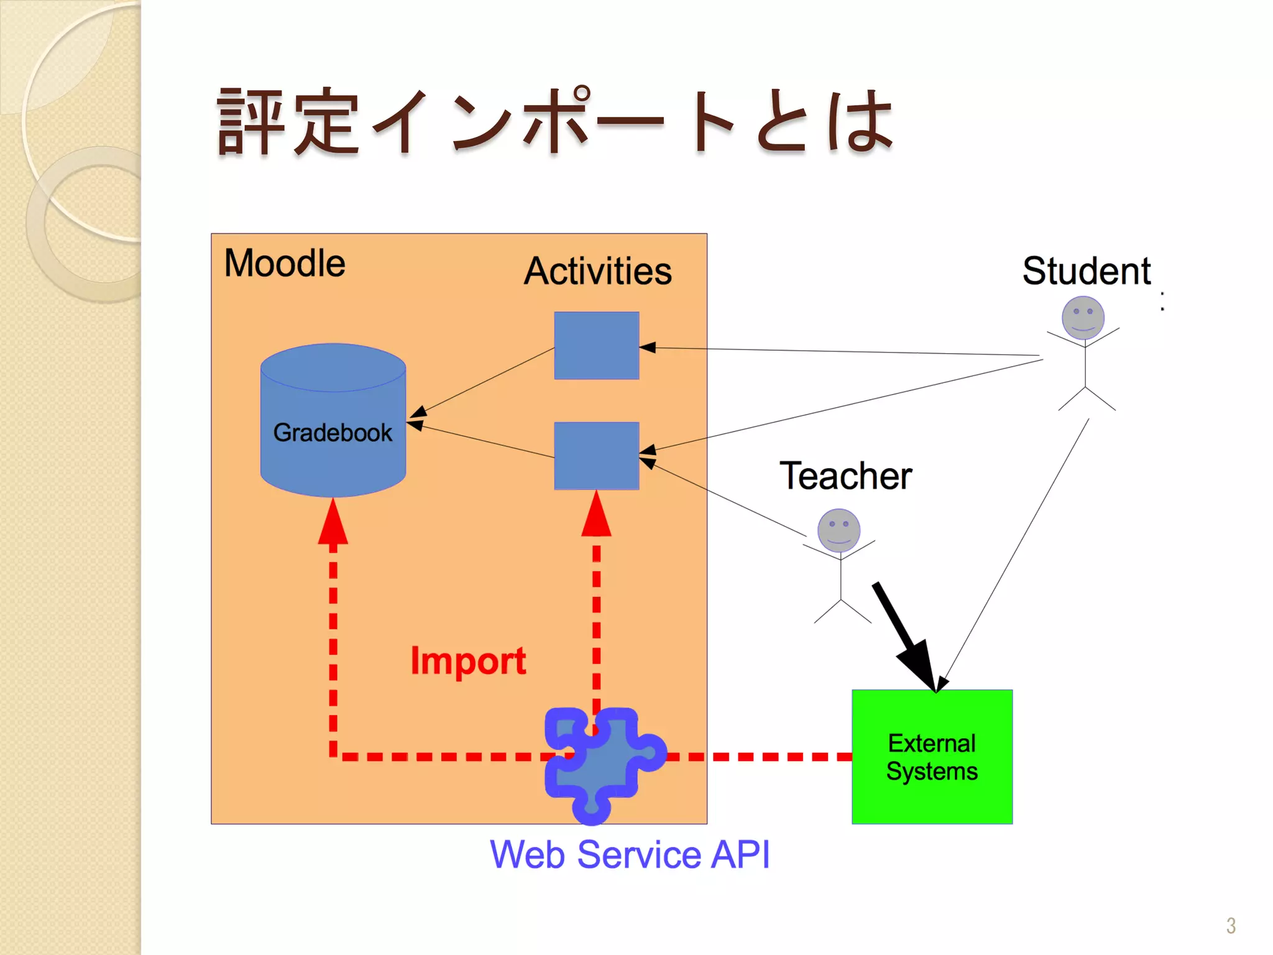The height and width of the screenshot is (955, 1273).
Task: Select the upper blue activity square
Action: coord(596,346)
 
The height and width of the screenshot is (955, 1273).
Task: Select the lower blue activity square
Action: coord(596,456)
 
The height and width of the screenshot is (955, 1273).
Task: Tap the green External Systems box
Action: coord(932,757)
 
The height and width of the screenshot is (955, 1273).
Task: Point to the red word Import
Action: coord(468,660)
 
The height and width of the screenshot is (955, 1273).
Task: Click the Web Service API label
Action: coord(630,854)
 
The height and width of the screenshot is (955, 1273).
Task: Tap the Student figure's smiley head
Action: coord(1083,318)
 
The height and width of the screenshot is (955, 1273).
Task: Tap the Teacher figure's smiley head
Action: coord(839,530)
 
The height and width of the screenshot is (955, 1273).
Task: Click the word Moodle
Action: coord(285,263)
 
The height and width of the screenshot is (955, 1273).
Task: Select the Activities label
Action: coord(597,271)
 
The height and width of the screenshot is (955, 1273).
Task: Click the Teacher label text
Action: coord(845,476)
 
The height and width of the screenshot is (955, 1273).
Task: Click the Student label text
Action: coord(1087,271)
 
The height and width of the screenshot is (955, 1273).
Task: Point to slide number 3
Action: coord(1231,926)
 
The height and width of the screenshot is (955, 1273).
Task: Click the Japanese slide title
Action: coord(555,121)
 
